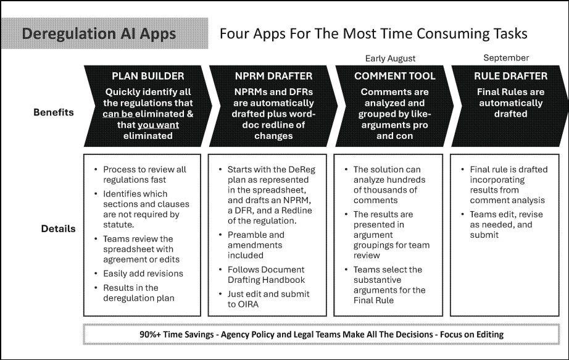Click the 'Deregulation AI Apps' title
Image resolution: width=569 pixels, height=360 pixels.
coord(99,34)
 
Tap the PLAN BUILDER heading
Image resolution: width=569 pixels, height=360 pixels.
coord(147,76)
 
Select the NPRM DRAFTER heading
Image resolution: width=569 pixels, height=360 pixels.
coord(273,76)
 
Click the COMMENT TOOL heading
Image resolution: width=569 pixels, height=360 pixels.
coord(395,76)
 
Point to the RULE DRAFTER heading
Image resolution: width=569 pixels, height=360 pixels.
coord(510,76)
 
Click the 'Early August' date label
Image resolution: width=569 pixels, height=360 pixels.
coord(390,59)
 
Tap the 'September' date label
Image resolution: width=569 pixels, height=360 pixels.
coord(506,58)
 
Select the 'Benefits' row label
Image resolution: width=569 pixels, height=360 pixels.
coord(53,112)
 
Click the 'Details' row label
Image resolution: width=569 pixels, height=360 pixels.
coord(58,228)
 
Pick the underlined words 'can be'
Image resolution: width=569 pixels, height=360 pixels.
coord(118,114)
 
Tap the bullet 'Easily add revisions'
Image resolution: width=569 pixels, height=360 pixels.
coord(143,274)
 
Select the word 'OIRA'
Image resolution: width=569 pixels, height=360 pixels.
coord(248,304)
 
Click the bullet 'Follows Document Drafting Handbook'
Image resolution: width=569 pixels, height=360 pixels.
coord(266,275)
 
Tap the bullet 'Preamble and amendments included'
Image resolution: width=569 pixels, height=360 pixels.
coord(256,245)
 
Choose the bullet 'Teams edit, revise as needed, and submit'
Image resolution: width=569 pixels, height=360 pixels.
coord(506,225)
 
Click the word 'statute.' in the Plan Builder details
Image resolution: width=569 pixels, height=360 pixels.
coord(118,225)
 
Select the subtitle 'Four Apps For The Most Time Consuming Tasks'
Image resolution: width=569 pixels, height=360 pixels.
coord(373,34)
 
